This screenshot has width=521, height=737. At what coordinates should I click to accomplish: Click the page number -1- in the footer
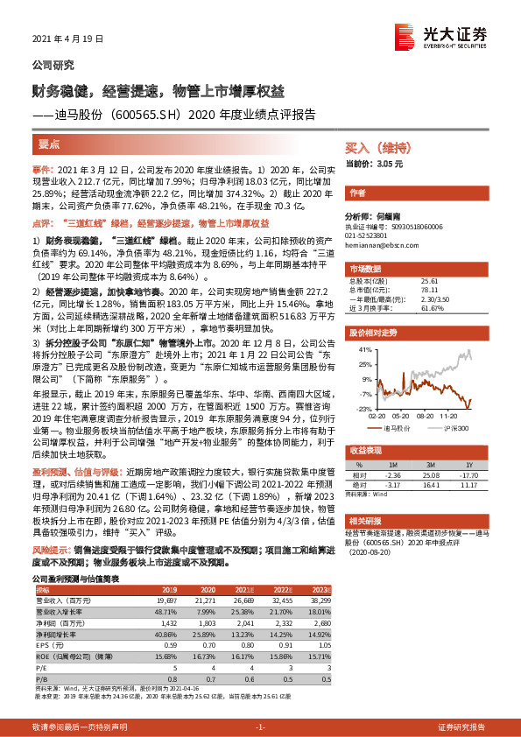click(260, 727)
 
